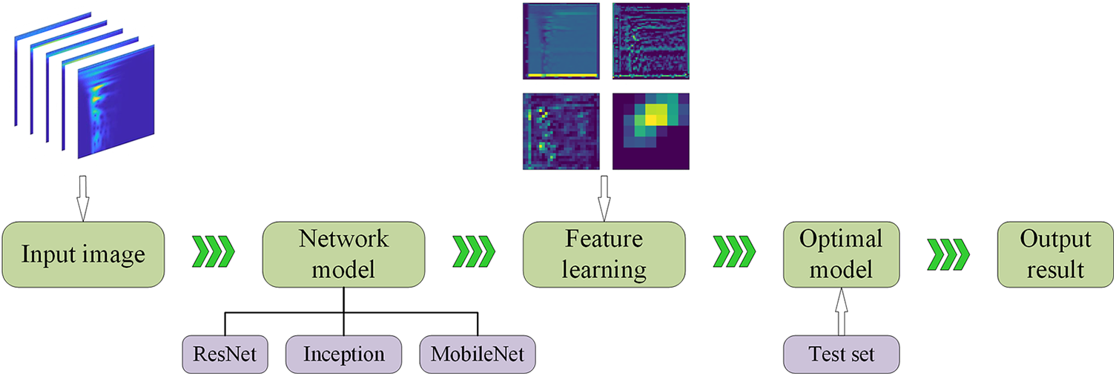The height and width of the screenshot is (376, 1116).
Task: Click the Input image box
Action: (82, 254)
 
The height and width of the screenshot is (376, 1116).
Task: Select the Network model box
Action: (343, 254)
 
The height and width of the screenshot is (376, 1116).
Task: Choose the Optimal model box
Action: (841, 254)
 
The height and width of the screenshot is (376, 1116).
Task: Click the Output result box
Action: (1055, 254)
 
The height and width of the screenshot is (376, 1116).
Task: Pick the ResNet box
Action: (225, 354)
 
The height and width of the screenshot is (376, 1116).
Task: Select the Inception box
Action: (343, 354)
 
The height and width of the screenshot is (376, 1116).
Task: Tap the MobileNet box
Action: (477, 354)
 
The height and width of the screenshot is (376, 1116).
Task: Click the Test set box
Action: (841, 354)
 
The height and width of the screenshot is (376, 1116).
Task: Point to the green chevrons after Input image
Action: (214, 253)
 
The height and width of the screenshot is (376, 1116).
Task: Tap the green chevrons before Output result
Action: (949, 253)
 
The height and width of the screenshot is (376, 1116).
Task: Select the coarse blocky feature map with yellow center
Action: (650, 131)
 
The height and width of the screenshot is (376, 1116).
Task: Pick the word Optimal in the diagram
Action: (841, 240)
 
